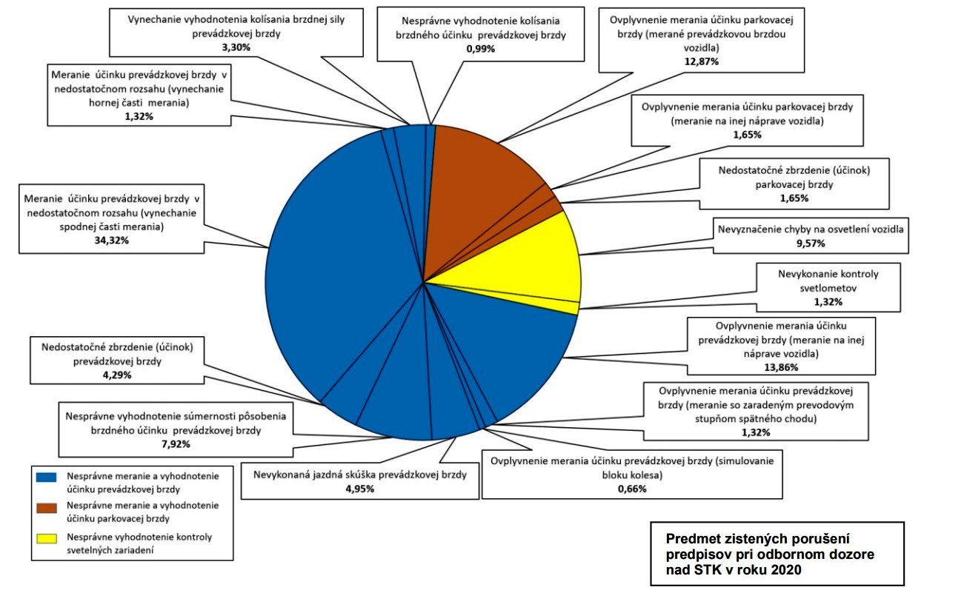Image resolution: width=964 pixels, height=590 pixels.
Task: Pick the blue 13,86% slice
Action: [x=508, y=344]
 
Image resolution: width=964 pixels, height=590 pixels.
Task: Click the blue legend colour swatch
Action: [x=47, y=477]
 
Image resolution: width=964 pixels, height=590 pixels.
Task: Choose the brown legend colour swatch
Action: [x=47, y=508]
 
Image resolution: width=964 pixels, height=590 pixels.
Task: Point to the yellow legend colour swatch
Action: [x=47, y=538]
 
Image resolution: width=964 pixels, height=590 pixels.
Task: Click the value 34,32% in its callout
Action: [x=112, y=241]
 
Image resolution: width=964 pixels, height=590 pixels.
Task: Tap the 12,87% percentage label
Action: [x=702, y=61]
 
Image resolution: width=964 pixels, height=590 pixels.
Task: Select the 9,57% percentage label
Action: [x=811, y=244]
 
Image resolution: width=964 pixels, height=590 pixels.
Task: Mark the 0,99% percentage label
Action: [x=481, y=49]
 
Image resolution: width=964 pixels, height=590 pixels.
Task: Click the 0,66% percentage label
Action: [x=632, y=489]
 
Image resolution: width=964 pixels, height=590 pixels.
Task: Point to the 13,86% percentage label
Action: [x=781, y=367]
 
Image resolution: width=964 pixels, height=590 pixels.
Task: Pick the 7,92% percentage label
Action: [x=176, y=444]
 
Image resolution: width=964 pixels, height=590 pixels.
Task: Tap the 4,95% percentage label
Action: [x=360, y=489]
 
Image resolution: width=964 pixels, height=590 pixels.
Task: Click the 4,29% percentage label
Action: [x=117, y=375]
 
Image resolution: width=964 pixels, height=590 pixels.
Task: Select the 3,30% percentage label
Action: [x=236, y=47]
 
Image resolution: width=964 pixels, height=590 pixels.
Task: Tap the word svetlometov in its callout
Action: [x=828, y=288]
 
